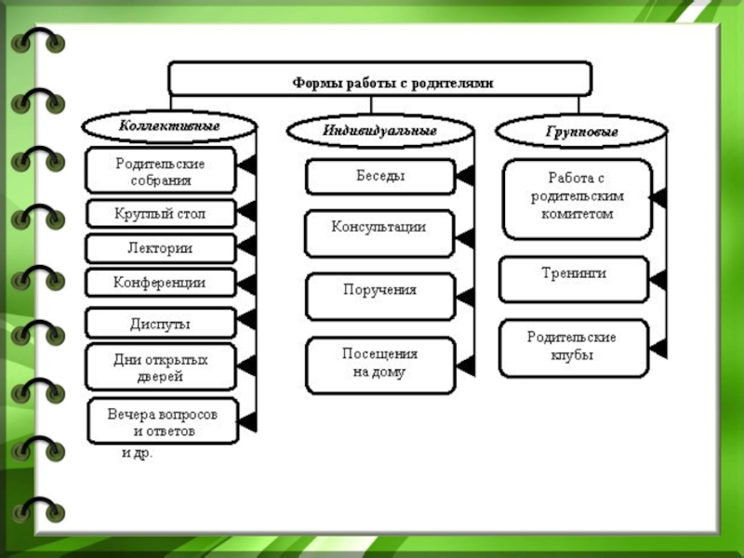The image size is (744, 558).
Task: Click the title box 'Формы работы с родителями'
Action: pos(379,79)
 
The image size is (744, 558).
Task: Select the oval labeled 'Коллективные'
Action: pos(168,125)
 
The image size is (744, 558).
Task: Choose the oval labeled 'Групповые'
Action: pos(581,131)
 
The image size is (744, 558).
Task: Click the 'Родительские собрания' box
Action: pos(160,170)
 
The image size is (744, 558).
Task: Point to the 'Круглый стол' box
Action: pos(160,214)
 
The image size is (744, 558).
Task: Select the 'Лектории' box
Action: pos(160,248)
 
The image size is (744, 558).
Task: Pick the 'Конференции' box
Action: pos(160,282)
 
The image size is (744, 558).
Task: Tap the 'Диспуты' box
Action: pos(160,323)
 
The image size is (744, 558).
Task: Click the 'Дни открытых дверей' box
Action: pos(160,366)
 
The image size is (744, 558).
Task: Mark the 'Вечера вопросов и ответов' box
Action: pos(164,421)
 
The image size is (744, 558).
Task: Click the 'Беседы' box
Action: pos(379,176)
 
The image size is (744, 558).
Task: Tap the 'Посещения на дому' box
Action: pos(379,365)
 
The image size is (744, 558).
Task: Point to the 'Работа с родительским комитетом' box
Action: pos(577,199)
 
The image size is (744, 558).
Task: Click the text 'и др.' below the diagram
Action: pos(137,454)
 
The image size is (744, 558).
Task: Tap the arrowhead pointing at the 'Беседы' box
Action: pos(465,177)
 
